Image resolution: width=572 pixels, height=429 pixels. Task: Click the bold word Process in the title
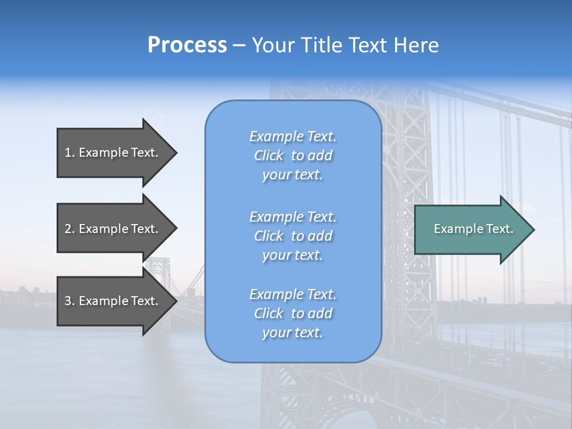click(187, 45)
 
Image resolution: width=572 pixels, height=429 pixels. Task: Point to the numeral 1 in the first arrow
click(68, 153)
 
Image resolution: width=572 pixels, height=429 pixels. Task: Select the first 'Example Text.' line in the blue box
click(293, 136)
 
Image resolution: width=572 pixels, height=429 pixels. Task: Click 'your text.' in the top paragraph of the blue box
click(293, 175)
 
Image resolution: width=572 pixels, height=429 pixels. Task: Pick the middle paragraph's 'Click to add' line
click(293, 236)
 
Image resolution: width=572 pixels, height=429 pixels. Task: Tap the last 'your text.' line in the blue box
click(293, 332)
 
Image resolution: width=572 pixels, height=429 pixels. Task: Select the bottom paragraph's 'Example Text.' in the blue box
click(293, 294)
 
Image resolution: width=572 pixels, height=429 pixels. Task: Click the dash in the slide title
click(240, 46)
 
